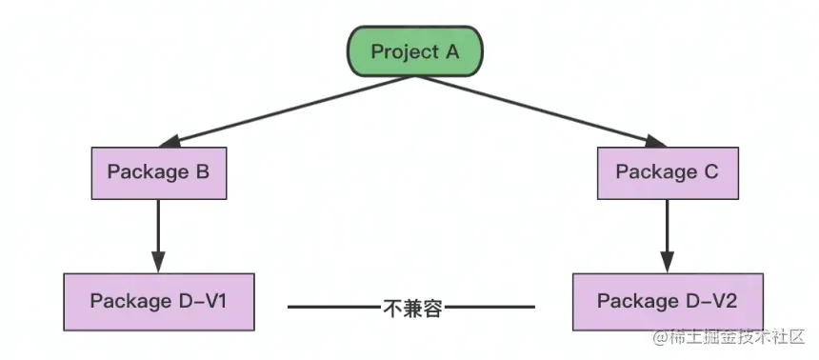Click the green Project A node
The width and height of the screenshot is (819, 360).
point(414,51)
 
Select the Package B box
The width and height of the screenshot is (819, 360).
point(158,172)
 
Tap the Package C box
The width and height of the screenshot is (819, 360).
point(667,172)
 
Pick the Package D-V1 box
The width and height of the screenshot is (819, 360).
point(159,301)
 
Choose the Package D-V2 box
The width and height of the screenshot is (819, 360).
point(667,301)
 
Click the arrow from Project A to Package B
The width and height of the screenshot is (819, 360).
point(286,110)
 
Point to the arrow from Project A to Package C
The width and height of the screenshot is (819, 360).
point(543,110)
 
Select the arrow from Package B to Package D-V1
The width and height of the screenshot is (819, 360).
point(159,229)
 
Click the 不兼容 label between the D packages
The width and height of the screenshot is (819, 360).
point(412,308)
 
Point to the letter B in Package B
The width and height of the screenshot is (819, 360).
point(203,172)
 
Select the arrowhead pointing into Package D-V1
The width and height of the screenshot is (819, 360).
point(159,262)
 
